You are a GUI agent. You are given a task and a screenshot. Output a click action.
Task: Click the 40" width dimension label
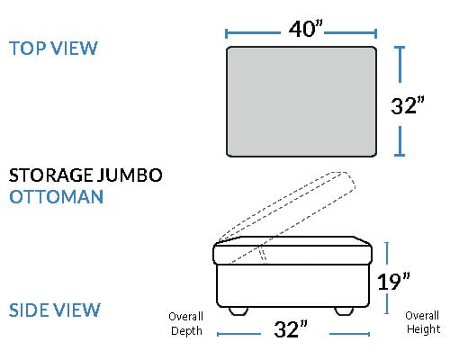click(306, 29)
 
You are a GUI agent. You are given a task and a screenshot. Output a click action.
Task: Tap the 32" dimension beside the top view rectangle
click(408, 105)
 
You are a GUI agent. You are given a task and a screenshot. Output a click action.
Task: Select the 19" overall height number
click(393, 282)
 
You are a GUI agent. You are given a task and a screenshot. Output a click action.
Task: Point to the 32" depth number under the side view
click(291, 328)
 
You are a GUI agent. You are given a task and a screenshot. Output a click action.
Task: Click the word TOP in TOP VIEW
click(28, 48)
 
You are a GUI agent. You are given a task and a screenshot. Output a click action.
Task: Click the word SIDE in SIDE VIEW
click(29, 310)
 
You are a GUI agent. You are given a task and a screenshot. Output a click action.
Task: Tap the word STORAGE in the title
click(50, 175)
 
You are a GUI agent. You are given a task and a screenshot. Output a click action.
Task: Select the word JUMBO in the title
click(130, 175)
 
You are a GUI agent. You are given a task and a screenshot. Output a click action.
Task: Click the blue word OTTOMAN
click(57, 197)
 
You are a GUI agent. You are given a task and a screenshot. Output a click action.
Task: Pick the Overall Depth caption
click(186, 323)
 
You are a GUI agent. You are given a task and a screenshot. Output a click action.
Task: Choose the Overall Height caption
click(423, 322)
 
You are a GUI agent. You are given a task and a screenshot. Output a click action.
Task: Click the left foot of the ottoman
click(238, 310)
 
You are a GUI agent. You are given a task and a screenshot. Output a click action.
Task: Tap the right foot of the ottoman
click(344, 310)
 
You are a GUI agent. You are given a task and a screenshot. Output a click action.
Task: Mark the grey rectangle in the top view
click(301, 102)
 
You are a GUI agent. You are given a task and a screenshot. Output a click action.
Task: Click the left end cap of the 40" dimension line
click(226, 33)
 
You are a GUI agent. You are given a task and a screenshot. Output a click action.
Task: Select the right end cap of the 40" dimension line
click(375, 33)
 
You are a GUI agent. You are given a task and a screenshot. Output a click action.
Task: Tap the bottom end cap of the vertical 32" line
click(400, 155)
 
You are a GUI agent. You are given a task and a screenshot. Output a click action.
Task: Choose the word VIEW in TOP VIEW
click(74, 48)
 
